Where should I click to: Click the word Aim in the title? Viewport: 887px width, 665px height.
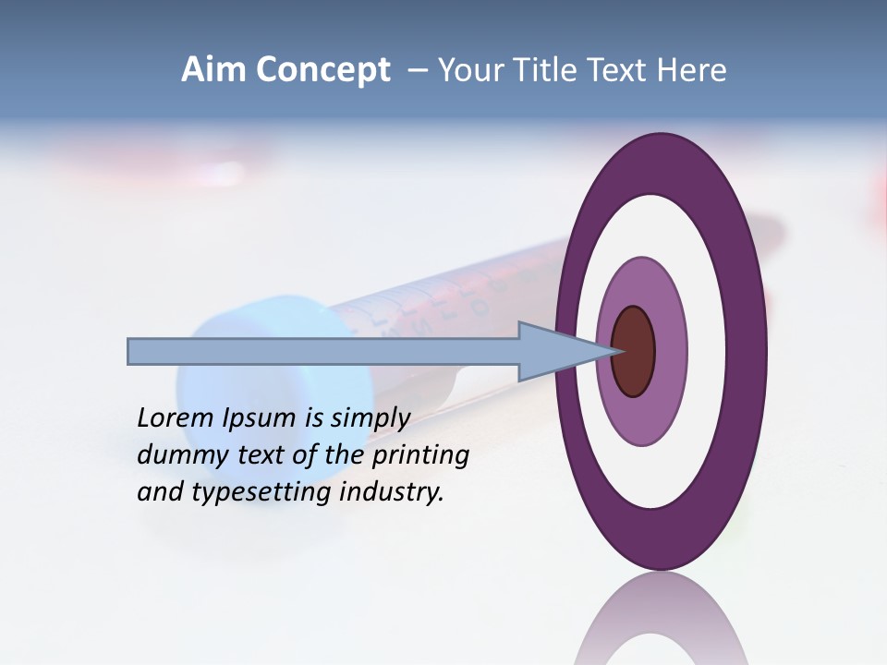point(214,70)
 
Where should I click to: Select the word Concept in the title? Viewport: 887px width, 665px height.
point(323,71)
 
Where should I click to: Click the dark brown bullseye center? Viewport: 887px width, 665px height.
point(634,352)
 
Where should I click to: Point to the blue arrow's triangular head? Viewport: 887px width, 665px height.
point(554,351)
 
